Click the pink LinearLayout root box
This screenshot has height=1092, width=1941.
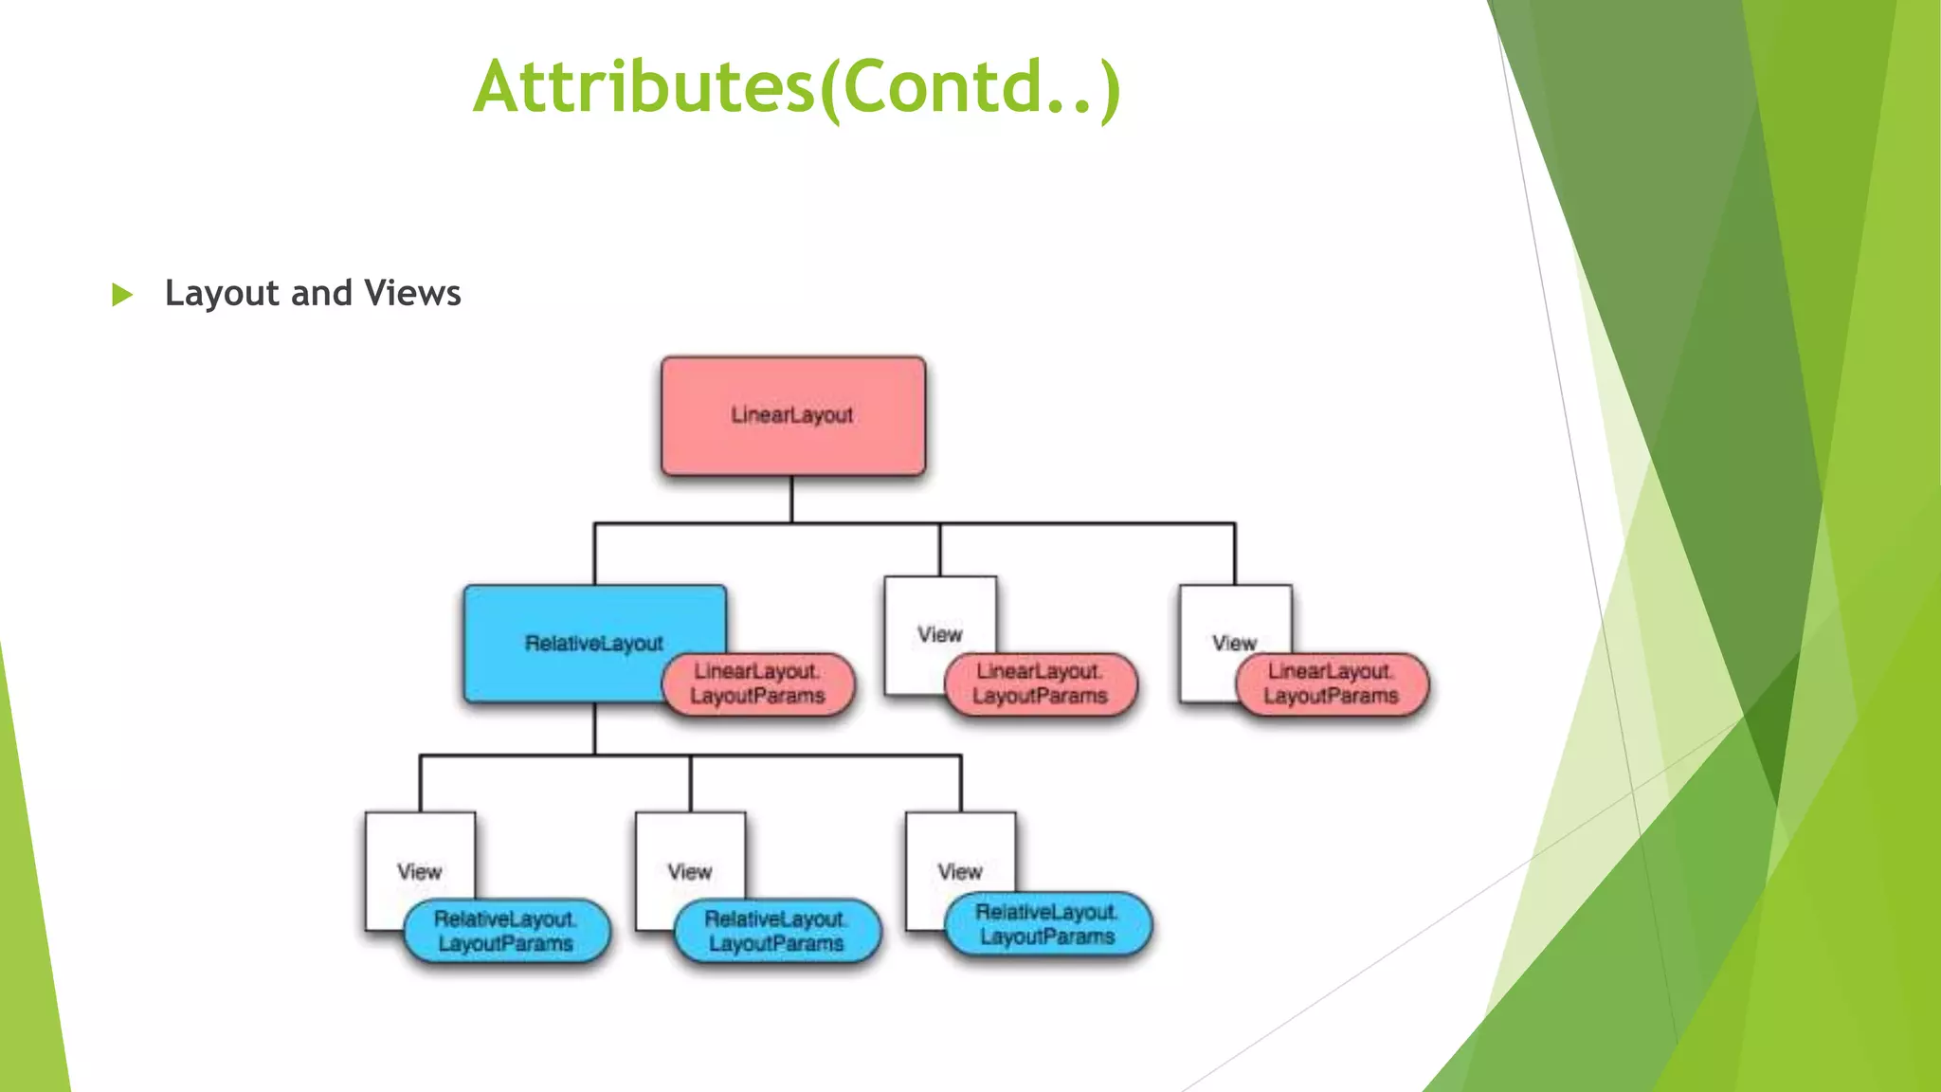tap(792, 415)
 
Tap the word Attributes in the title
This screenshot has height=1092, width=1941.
tap(644, 87)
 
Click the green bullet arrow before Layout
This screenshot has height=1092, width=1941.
tap(122, 295)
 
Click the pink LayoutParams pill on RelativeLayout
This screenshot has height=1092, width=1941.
tap(758, 684)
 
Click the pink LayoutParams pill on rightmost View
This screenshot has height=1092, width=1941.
tap(1332, 684)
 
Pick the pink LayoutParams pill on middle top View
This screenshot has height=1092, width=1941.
tap(1041, 684)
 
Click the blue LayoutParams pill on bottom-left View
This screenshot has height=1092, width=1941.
tap(506, 932)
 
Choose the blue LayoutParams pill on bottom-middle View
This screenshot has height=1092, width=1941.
tap(777, 932)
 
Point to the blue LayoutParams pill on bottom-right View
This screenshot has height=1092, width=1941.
tap(1048, 925)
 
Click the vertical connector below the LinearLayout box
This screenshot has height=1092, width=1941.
tap(791, 499)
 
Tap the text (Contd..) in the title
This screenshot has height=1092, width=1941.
tap(970, 87)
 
